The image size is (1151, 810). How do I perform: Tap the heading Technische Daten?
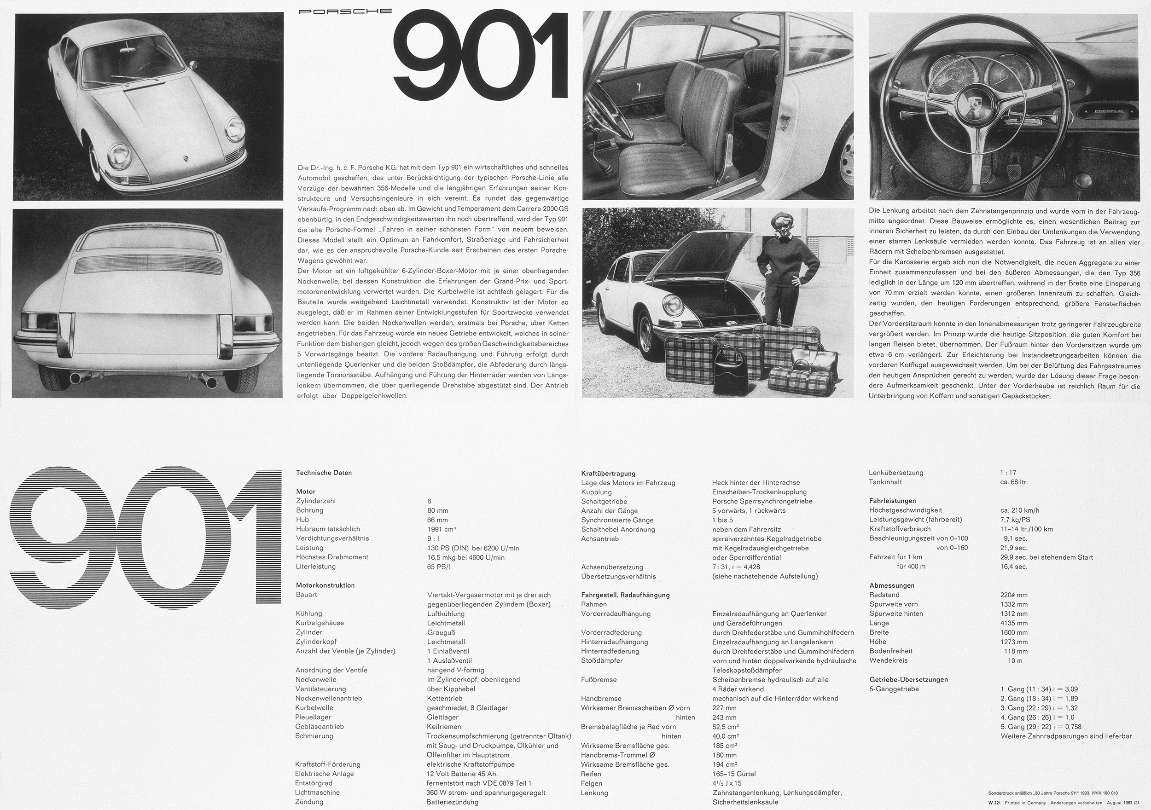(x=323, y=473)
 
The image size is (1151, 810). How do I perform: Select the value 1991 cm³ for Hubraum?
(x=442, y=529)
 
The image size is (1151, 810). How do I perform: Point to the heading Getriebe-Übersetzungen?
(x=908, y=680)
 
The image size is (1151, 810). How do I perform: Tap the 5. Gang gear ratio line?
(x=1041, y=727)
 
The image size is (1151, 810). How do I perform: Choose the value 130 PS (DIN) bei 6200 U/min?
(x=473, y=548)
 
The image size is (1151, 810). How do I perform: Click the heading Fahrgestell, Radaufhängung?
(x=625, y=595)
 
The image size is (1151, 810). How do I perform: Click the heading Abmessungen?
(x=892, y=585)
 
